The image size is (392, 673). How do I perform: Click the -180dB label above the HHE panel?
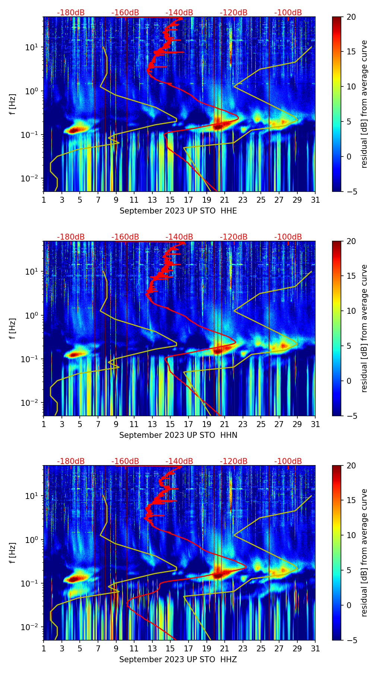tap(71, 13)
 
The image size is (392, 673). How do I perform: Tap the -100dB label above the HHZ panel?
tap(288, 461)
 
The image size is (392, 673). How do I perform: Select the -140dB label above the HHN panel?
tap(179, 237)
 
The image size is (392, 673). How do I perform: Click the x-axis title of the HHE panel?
tap(178, 211)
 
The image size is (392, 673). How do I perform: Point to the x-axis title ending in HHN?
tap(178, 435)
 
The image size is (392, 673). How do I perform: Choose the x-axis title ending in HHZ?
tap(178, 660)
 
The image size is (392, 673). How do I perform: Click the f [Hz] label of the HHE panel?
tap(13, 104)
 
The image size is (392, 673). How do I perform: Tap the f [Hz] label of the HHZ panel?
tap(13, 553)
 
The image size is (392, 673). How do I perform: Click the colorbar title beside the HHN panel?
tap(364, 328)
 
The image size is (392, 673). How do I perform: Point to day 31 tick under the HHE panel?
tap(315, 200)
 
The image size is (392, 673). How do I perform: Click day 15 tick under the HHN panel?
tap(170, 424)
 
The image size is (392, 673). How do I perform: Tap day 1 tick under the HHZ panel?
tap(44, 649)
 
